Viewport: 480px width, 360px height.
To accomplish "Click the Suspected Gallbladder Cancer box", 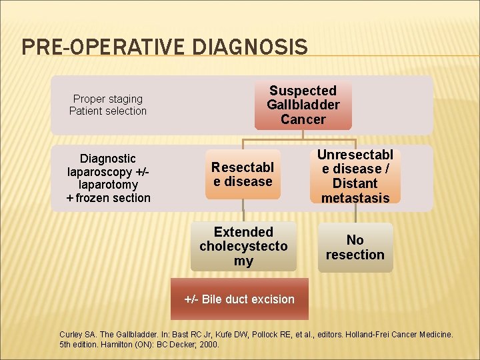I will (303, 105).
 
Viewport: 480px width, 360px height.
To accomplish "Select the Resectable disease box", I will (243, 174).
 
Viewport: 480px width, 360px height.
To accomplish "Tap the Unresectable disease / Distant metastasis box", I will (355, 176).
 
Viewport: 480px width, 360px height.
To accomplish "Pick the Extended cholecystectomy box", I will (243, 246).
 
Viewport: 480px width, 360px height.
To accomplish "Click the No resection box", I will (355, 247).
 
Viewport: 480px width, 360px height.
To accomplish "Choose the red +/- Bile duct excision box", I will (239, 299).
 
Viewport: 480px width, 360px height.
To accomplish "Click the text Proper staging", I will (108, 99).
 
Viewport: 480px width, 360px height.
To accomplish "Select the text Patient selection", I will (108, 111).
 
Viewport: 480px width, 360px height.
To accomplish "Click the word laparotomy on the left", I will (108, 184).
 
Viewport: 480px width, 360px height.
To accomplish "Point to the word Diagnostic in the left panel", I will (108, 158).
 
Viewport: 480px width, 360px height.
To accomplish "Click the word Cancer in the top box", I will (303, 120).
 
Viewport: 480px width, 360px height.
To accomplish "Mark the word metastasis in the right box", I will (355, 197).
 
